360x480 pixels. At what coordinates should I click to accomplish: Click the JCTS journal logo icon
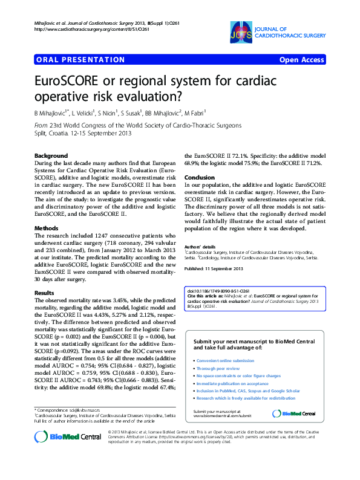pyautogui.click(x=240, y=33)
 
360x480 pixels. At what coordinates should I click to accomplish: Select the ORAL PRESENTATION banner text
pyautogui.click(x=71, y=60)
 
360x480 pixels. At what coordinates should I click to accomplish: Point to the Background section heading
pyautogui.click(x=51, y=155)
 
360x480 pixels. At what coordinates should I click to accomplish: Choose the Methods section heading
pyautogui.click(x=46, y=229)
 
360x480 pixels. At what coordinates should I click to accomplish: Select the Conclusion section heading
pyautogui.click(x=199, y=177)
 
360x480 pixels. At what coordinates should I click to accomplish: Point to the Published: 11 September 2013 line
pyautogui.click(x=214, y=268)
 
